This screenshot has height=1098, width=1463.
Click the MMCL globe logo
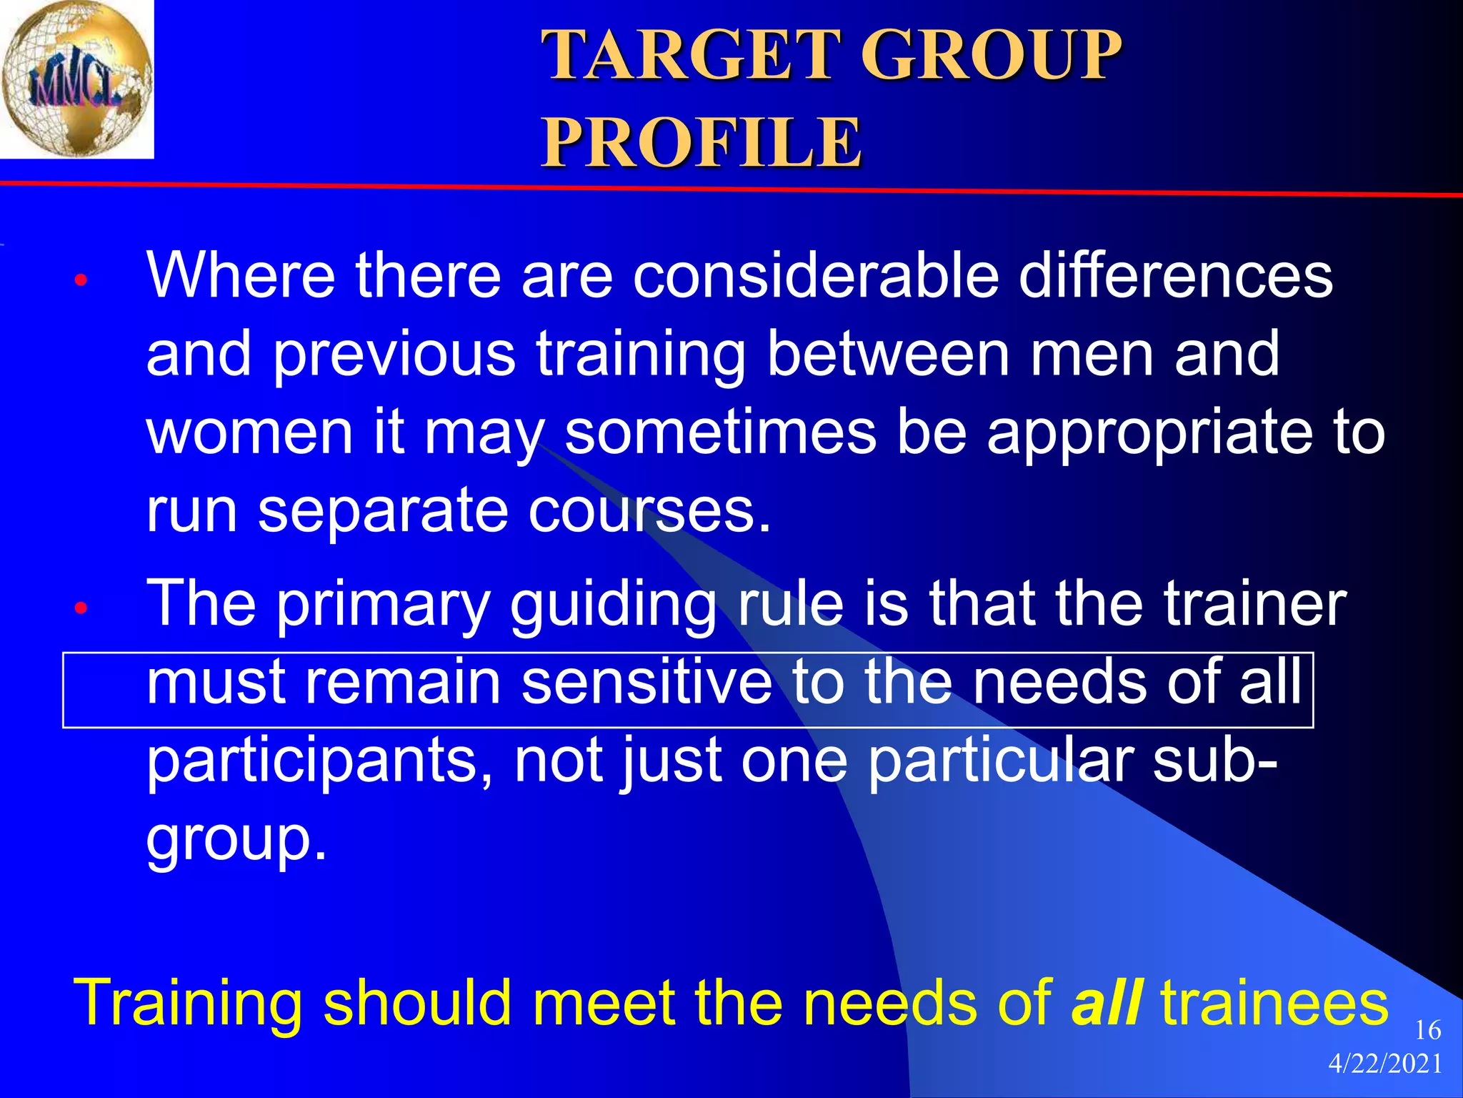(76, 79)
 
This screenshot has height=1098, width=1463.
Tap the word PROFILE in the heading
(701, 143)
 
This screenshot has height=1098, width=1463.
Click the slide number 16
(1427, 1030)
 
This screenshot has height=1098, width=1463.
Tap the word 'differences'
(1176, 276)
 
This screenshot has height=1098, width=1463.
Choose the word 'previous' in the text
(394, 355)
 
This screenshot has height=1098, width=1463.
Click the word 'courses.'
(650, 512)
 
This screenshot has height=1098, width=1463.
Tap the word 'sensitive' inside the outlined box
(646, 683)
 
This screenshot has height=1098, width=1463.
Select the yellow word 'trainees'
(1274, 1002)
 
